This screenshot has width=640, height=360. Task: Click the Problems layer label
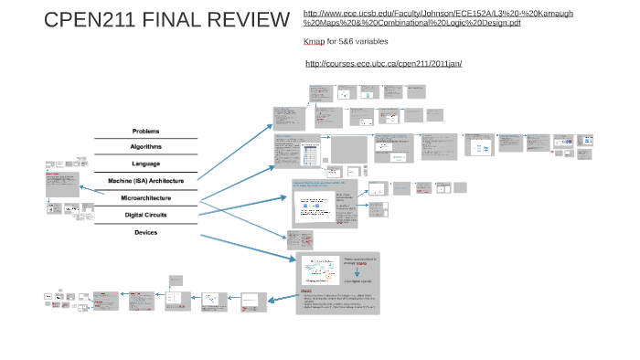point(145,131)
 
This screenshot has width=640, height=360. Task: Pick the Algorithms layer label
point(145,147)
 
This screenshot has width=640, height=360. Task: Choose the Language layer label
point(145,164)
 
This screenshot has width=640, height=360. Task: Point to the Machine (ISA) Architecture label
point(145,181)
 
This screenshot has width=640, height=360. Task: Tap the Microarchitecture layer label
point(145,197)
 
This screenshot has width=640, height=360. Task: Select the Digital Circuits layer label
point(145,215)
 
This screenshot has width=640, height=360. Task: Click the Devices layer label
point(145,232)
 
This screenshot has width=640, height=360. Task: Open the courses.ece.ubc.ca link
point(383,63)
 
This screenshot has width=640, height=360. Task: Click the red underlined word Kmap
point(313,42)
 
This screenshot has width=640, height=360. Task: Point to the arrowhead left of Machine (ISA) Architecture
point(81,188)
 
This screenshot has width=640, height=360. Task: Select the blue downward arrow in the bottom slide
point(357,271)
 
